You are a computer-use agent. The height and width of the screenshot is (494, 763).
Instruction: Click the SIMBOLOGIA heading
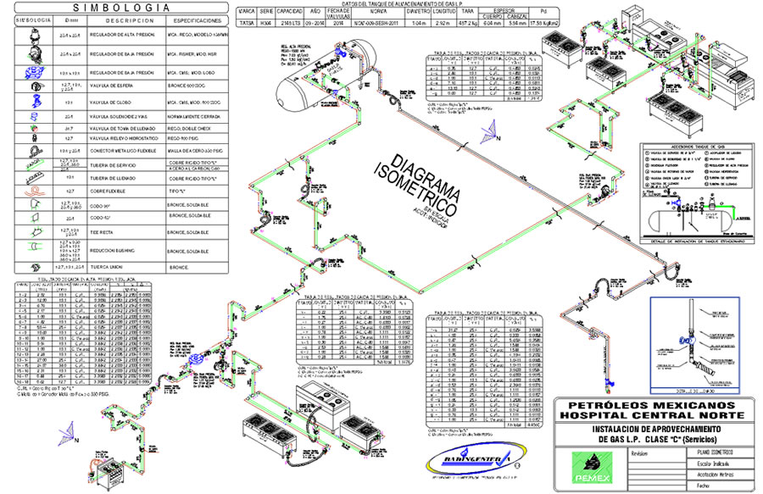click(118, 8)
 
